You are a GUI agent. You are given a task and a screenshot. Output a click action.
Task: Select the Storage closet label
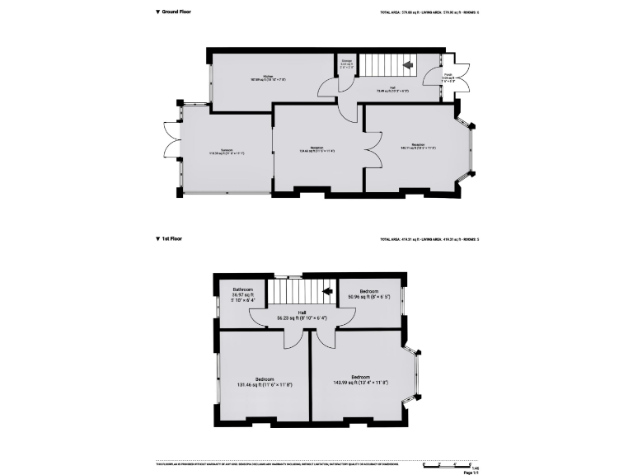pos(347,63)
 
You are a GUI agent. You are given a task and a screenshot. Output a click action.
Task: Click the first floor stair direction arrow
pos(326,290)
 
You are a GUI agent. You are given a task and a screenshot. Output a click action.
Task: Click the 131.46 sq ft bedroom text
pos(264,382)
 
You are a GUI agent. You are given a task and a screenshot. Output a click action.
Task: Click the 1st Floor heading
pos(171,238)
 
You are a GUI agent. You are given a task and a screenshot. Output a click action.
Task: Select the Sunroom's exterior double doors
pos(171,139)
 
